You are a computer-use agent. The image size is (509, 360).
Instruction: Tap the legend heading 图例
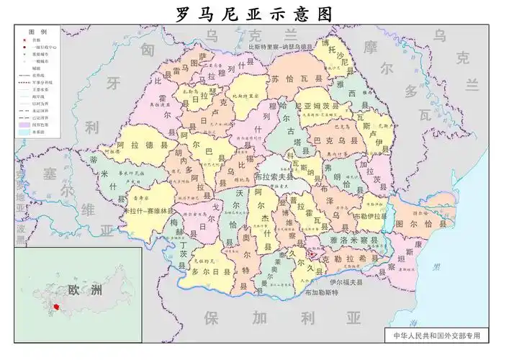[37, 32]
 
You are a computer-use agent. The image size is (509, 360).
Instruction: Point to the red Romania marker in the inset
[56, 307]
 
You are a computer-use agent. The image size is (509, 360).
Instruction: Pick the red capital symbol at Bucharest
[310, 253]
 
